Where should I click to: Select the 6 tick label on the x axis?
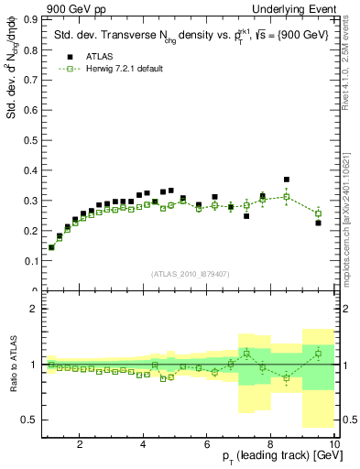(207, 445)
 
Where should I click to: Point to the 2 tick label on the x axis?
(81, 445)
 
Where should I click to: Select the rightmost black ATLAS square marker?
(318, 223)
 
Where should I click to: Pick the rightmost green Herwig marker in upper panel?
(318, 213)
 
